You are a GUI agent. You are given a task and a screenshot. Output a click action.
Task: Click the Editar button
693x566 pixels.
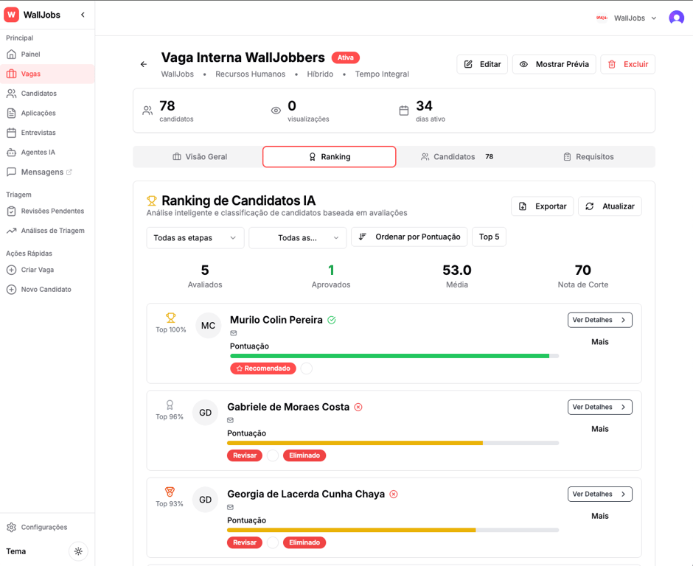point(482,64)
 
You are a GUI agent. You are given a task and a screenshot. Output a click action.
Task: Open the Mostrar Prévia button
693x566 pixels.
point(554,64)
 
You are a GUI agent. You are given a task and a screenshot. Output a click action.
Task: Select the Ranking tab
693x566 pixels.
point(329,157)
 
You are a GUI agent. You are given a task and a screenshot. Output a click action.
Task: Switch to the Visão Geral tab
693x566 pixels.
point(198,157)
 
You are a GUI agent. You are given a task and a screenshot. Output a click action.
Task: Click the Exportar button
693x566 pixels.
point(542,206)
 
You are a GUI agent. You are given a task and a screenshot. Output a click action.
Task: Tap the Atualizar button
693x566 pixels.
point(610,206)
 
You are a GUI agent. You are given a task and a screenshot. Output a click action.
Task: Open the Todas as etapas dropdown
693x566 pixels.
point(195,237)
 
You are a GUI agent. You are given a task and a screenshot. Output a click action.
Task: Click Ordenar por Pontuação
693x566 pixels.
point(409,237)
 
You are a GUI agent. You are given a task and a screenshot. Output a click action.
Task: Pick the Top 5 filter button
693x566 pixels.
point(489,237)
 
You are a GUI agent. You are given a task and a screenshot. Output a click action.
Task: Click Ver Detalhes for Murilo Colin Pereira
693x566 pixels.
point(599,320)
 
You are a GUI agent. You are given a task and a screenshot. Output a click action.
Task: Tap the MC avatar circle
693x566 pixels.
point(209,326)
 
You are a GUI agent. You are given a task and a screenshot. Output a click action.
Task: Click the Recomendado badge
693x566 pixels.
point(262,368)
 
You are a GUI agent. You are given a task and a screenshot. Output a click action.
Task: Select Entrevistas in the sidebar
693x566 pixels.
point(38,133)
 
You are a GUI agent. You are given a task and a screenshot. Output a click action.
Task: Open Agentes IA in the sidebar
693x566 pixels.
point(38,153)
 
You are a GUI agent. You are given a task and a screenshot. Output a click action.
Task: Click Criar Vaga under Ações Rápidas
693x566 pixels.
point(37,270)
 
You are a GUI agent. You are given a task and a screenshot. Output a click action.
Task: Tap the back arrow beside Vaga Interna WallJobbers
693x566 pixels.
point(144,64)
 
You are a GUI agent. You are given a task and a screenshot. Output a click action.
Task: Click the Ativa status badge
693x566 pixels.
point(345,57)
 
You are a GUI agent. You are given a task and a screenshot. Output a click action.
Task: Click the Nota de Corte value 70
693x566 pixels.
point(582,270)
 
